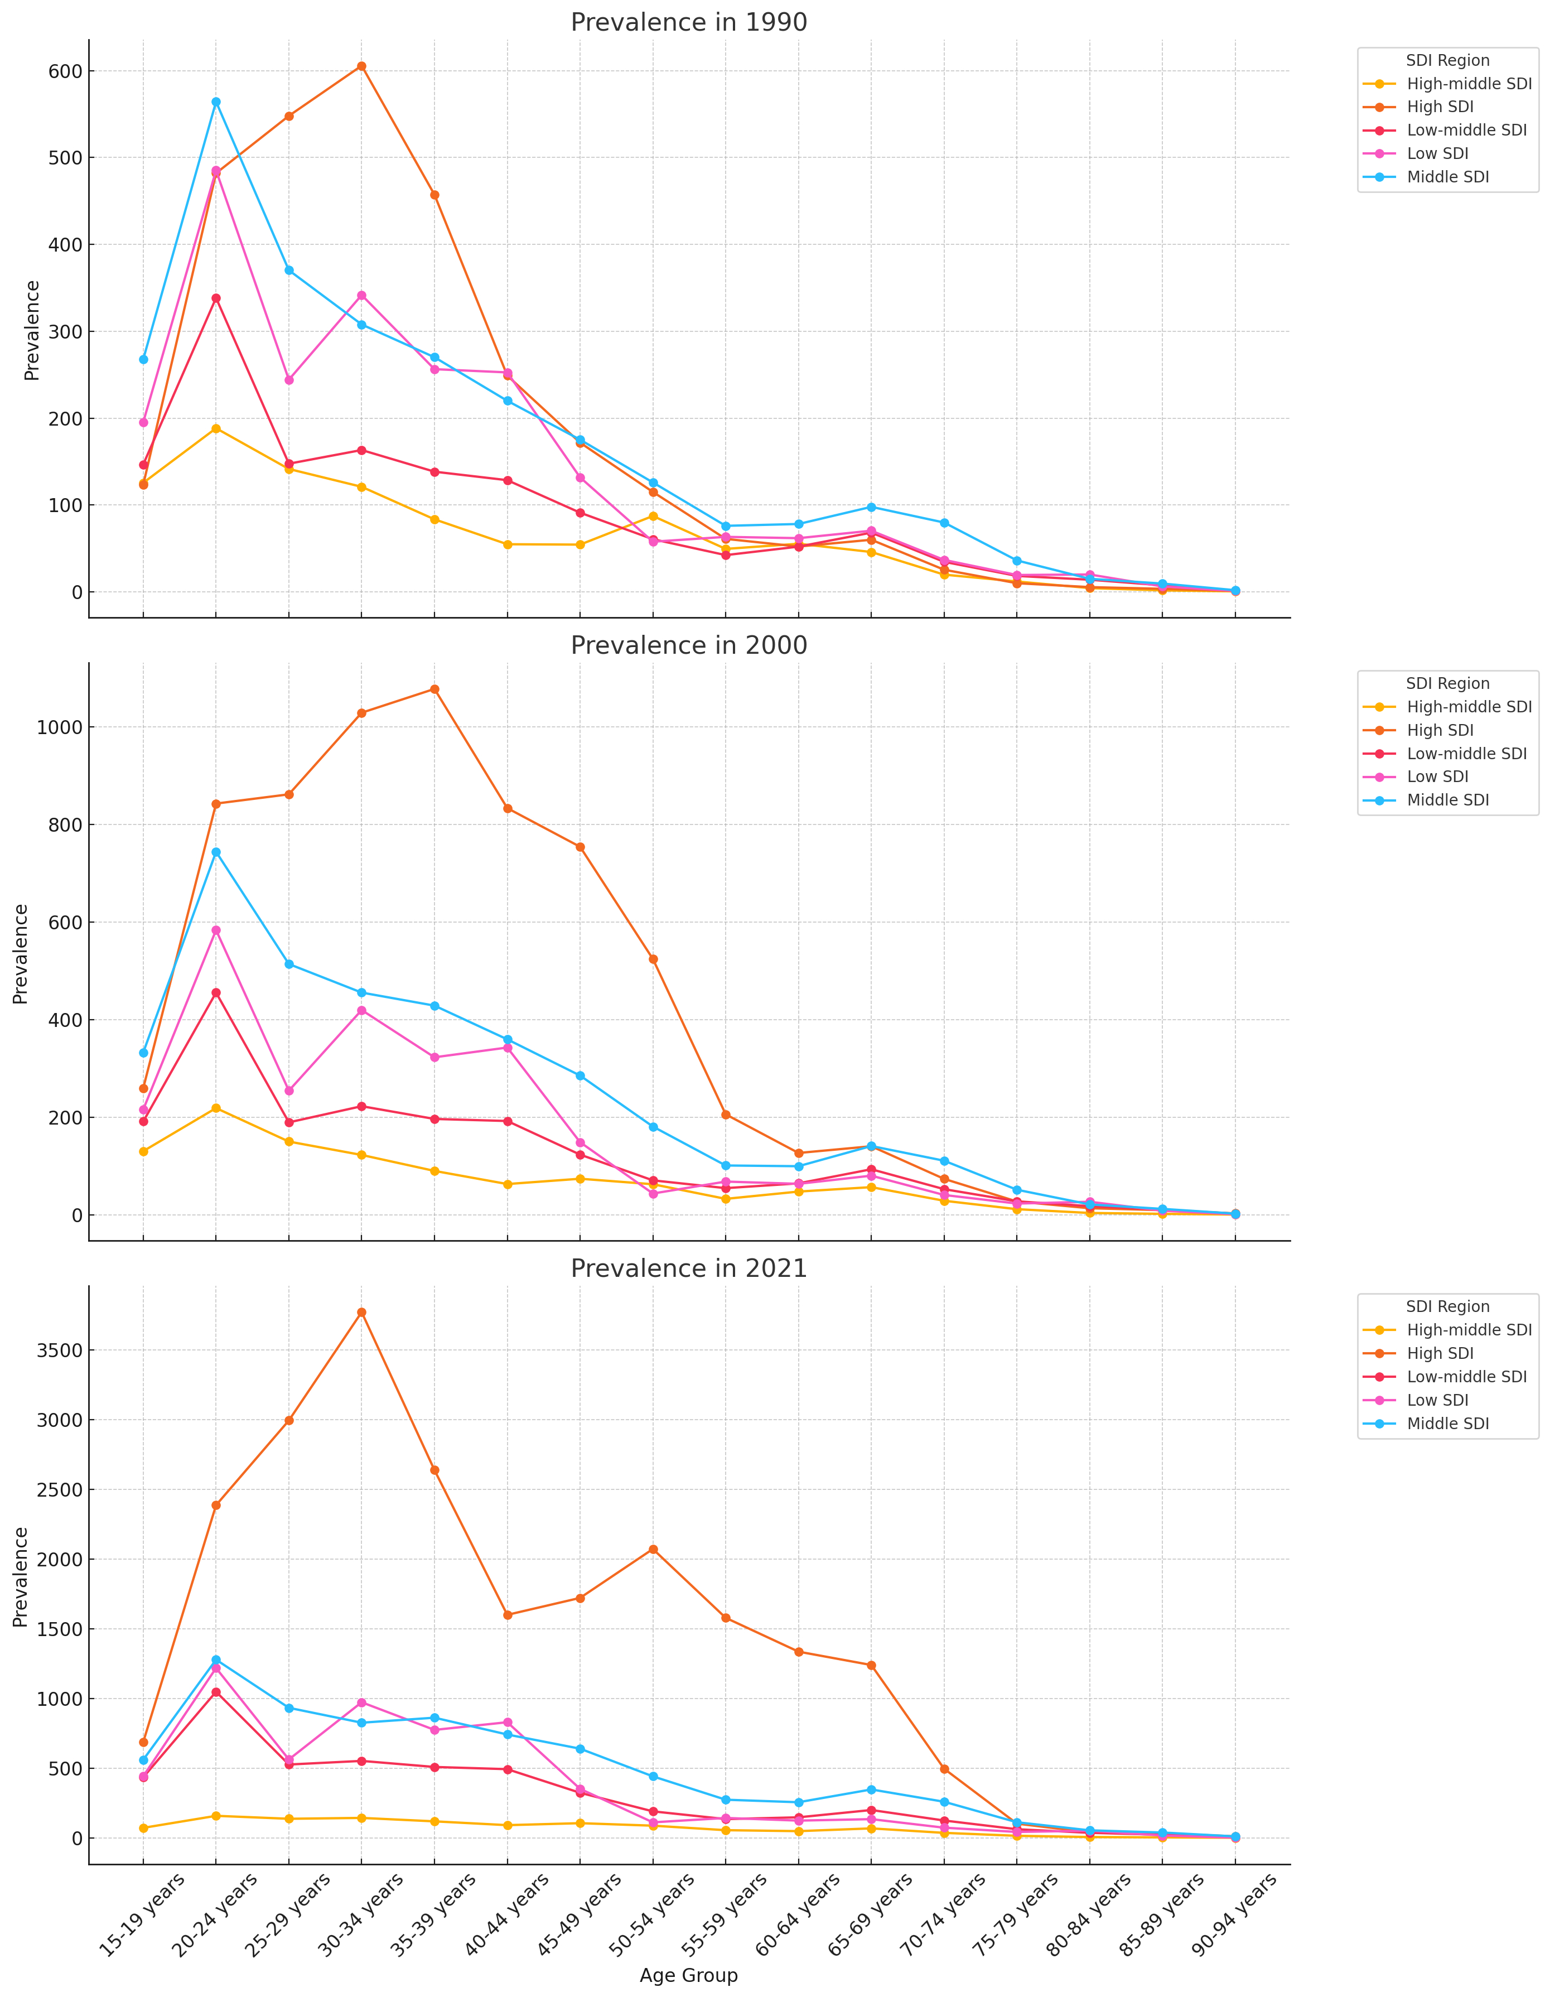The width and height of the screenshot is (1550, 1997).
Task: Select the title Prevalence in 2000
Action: [689, 645]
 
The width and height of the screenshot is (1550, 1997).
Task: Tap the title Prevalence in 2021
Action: [689, 1268]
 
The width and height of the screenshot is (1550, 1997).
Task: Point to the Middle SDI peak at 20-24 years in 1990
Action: [216, 102]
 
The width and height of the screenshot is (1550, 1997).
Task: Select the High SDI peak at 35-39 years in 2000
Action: [434, 688]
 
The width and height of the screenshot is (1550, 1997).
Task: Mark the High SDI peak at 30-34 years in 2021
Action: [361, 1312]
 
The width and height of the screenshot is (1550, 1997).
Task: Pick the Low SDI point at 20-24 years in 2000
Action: [216, 930]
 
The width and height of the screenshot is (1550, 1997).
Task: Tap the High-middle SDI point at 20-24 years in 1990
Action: [216, 428]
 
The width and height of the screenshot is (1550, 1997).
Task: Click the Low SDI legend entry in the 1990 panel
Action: [1437, 153]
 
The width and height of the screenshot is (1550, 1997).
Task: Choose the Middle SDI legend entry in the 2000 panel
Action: [1447, 800]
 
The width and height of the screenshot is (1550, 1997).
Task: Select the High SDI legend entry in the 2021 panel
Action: [1440, 1353]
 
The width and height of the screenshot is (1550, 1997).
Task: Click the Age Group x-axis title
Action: [689, 1975]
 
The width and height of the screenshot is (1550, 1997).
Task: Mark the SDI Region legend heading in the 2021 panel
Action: [1447, 1306]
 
